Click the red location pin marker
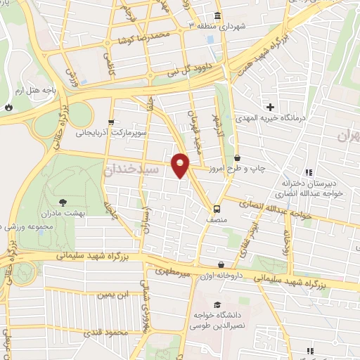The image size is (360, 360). (x=181, y=165)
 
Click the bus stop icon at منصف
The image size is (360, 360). (x=217, y=209)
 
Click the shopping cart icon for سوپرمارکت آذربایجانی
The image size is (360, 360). (x=111, y=122)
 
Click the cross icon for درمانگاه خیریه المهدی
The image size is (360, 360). (x=270, y=107)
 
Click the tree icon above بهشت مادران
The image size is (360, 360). (x=64, y=200)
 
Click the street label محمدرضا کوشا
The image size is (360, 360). (x=145, y=36)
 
